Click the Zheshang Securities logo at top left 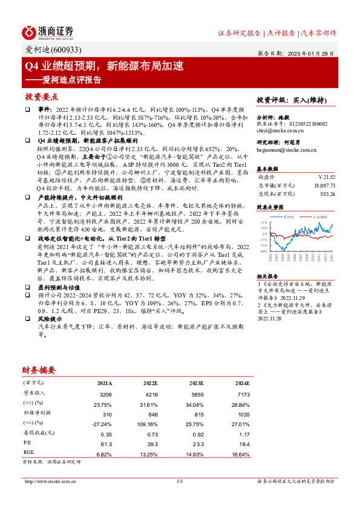tap(48, 31)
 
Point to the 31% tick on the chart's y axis tap(263, 222)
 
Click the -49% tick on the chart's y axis tap(263, 251)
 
